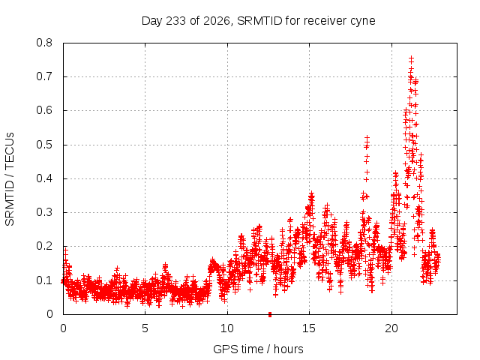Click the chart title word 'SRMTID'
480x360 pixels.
coord(259,21)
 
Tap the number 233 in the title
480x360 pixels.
coord(175,21)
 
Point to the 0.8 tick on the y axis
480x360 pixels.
coord(44,43)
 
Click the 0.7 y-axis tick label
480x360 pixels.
coord(44,76)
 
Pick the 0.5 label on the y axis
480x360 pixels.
coord(44,145)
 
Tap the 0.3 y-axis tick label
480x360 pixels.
coord(44,212)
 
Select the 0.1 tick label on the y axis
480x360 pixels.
coord(44,280)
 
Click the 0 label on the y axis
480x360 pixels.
coord(49,314)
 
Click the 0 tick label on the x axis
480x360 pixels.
coord(63,328)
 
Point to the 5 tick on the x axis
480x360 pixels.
coord(145,328)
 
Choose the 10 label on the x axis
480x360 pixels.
coord(226,328)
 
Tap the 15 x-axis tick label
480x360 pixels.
coord(309,328)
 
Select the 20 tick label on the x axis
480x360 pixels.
coord(391,328)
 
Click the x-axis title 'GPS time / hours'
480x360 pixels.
coord(258,349)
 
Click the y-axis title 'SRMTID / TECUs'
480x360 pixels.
coord(10,179)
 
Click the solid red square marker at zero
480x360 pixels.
coord(270,314)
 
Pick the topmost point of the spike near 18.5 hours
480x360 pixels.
coord(367,138)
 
